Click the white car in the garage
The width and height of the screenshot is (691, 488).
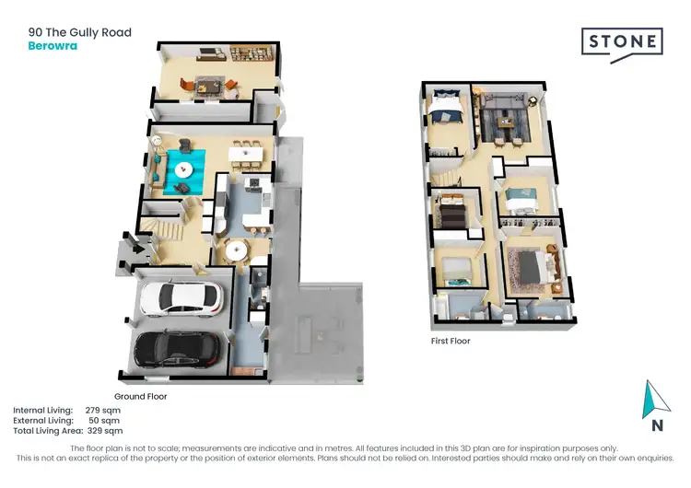coord(181,298)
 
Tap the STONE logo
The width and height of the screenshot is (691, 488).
coord(621,42)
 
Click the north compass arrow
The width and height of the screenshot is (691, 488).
coord(653,401)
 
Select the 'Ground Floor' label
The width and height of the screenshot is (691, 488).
coord(142,395)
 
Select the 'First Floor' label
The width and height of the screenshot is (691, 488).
coord(451,340)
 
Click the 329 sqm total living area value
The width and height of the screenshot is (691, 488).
coord(105,430)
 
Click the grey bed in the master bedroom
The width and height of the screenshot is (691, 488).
coord(532,266)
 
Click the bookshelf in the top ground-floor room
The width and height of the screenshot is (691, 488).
coord(250,54)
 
